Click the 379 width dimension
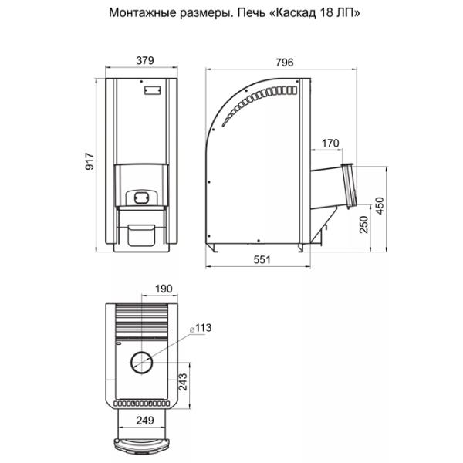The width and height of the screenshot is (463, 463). (x=145, y=60)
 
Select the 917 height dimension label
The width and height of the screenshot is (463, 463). (x=90, y=161)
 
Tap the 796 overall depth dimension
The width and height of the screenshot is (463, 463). (x=285, y=63)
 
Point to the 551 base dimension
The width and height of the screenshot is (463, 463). (x=262, y=259)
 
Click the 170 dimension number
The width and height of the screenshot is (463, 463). (x=330, y=144)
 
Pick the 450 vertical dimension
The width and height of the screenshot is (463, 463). (x=380, y=206)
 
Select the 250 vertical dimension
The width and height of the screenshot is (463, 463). (x=364, y=225)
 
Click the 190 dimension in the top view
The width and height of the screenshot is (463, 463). (x=164, y=289)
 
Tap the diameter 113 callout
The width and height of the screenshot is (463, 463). (x=201, y=328)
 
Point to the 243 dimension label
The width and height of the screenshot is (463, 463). (x=183, y=382)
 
